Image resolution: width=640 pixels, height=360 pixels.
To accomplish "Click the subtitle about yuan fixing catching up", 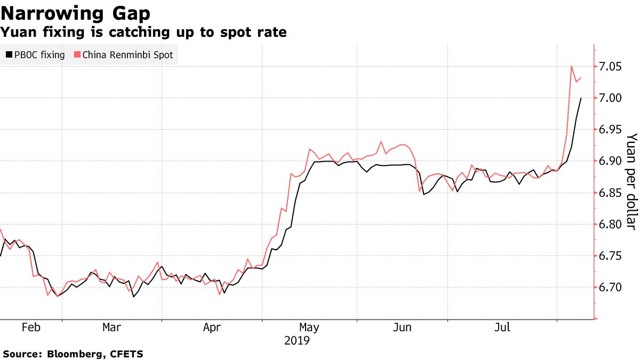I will (143, 33).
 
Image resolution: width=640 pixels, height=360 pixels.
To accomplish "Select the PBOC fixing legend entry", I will (35, 54).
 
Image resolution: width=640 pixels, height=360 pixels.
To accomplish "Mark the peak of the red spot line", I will (571, 66).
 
